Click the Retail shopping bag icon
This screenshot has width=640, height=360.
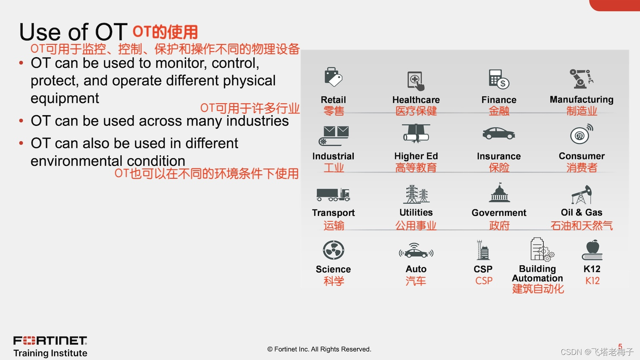[x=333, y=77]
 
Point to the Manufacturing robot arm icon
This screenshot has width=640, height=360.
[x=581, y=78]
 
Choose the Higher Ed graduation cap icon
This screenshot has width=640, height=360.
[x=416, y=133]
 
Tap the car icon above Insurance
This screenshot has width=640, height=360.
[x=499, y=134]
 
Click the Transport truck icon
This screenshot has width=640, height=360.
[x=333, y=195]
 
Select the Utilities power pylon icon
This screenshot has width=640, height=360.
[x=416, y=194]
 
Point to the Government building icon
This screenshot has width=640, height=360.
[x=499, y=193]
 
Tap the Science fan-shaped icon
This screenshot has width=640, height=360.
[x=333, y=250]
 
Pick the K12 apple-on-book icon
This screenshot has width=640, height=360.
[x=592, y=250]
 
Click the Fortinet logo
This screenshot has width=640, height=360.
[x=50, y=340]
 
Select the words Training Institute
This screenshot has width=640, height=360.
[x=50, y=353]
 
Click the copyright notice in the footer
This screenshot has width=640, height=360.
[x=319, y=349]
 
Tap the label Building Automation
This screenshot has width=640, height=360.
[x=538, y=273]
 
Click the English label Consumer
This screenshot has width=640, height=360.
[x=582, y=156]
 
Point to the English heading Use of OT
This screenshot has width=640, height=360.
[x=73, y=32]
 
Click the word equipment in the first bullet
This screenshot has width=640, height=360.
[x=65, y=98]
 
